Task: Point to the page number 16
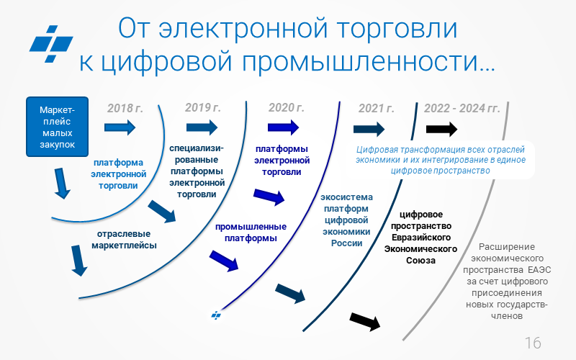(x=533, y=342)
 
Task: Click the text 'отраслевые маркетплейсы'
(x=124, y=239)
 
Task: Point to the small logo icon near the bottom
(x=215, y=315)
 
